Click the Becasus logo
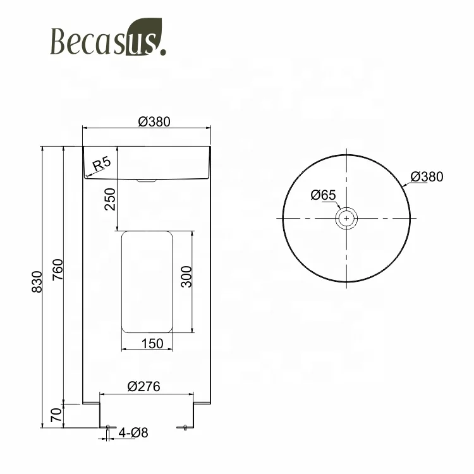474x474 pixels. [107, 42]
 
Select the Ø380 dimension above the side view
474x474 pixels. [154, 122]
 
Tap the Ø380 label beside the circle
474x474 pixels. [427, 177]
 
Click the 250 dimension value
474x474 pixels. [109, 200]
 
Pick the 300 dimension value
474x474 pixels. [186, 276]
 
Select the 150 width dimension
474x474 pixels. [153, 343]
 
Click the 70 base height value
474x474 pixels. [56, 415]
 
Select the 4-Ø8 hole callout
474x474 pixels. [133, 433]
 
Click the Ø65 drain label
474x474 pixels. [323, 195]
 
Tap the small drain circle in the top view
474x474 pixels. [346, 219]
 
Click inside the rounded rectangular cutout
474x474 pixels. [147, 281]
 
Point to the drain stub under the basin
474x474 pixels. [147, 181]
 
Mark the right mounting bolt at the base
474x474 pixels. [185, 428]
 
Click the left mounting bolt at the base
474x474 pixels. [107, 428]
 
